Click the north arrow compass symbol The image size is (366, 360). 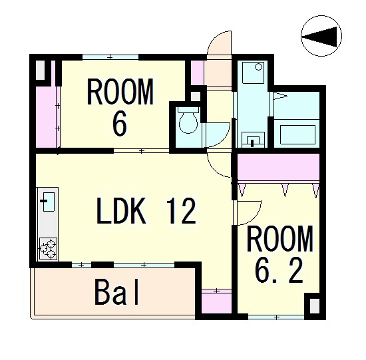(x=321, y=36)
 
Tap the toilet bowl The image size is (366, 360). (x=188, y=120)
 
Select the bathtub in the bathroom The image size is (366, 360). (x=297, y=134)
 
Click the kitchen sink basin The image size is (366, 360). (x=49, y=202)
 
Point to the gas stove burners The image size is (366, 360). (x=48, y=249)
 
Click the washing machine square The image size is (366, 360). (x=253, y=73)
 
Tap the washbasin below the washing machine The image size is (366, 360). (x=253, y=140)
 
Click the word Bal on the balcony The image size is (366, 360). (x=116, y=292)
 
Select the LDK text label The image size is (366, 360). (x=121, y=211)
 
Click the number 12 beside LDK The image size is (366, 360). (x=182, y=211)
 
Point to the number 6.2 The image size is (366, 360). (x=279, y=271)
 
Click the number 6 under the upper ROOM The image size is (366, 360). (x=119, y=123)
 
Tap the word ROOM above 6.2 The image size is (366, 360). (x=279, y=238)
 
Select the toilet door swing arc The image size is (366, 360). (x=223, y=138)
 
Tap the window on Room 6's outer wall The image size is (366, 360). (x=110, y=57)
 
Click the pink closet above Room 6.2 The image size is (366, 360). (x=278, y=167)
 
